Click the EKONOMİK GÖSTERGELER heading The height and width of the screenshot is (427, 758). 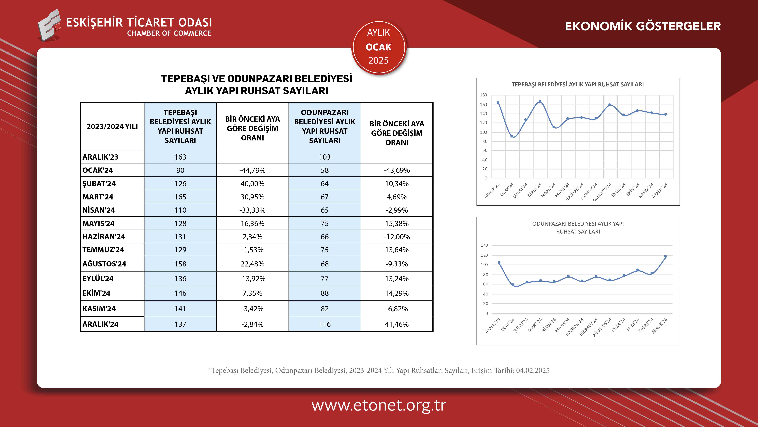[643, 26]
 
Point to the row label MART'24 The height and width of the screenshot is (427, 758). [98, 197]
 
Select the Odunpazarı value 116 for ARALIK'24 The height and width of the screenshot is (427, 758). [325, 324]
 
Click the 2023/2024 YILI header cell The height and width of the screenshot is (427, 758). [112, 127]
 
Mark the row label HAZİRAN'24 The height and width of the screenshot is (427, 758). [104, 237]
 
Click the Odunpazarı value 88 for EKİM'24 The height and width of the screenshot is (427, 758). [325, 293]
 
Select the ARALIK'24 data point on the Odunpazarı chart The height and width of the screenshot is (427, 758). [665, 256]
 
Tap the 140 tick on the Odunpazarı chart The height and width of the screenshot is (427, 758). [484, 245]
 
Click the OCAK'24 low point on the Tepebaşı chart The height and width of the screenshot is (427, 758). [512, 136]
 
